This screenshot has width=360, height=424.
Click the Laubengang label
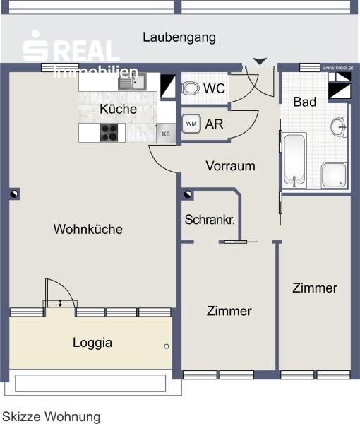coord(179,37)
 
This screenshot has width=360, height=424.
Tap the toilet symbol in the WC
coord(190,90)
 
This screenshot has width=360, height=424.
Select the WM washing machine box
coord(191,124)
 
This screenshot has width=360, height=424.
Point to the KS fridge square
coord(167,133)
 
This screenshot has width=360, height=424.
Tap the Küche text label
coord(118,110)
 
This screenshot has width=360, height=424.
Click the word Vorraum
coord(230,167)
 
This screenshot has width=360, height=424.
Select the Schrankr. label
coord(210,219)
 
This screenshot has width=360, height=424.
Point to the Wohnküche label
coord(88,229)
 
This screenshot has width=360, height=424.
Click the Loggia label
coord(92,343)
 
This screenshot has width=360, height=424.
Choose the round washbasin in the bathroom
coord(340,127)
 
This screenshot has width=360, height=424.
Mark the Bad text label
coord(305,102)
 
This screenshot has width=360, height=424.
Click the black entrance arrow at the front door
coord(260,61)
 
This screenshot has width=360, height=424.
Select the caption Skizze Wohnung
coord(51,417)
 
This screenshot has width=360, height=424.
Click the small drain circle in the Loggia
coord(167,346)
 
